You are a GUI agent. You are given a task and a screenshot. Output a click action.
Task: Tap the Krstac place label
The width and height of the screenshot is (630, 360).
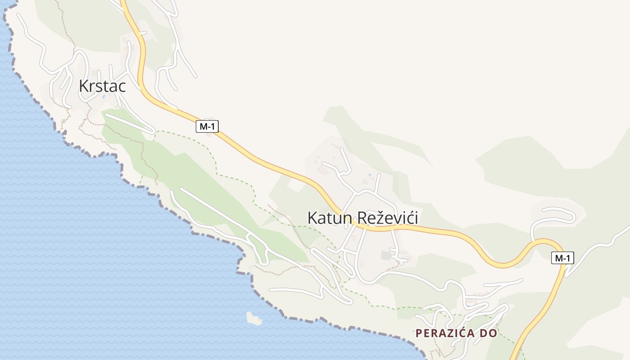tap(102, 86)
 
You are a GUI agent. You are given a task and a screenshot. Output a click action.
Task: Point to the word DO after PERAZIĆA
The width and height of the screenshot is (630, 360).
tap(488, 333)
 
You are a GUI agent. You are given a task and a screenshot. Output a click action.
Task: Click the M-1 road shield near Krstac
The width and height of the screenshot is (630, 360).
tap(207, 127)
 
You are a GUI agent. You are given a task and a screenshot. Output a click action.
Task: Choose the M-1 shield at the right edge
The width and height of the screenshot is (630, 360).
tap(562, 258)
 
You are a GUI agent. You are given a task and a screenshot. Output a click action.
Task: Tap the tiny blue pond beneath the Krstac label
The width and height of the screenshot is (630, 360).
tap(103, 96)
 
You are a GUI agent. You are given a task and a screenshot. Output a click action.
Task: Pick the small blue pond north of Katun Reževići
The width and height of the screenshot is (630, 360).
tap(370, 175)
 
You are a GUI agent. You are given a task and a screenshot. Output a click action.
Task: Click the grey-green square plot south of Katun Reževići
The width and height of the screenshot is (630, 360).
tap(386, 256)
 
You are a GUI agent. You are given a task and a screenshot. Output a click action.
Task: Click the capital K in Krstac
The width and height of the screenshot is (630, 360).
tap(84, 86)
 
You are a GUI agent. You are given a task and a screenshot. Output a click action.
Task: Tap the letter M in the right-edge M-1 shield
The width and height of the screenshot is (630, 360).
tap(558, 258)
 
